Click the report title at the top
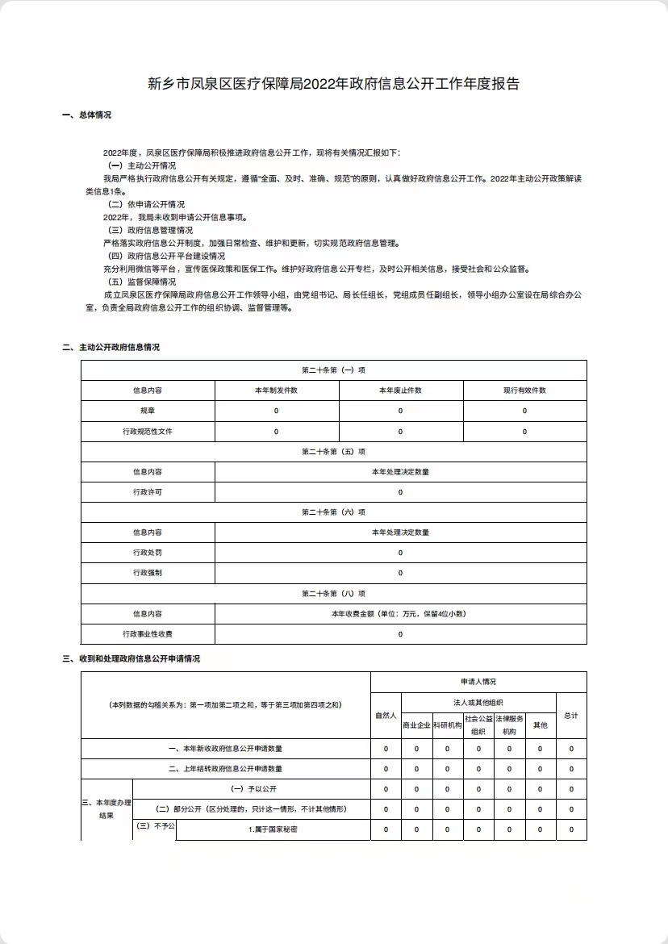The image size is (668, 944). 334,83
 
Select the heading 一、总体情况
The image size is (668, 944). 87,115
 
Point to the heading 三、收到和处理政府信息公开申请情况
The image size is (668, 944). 131,658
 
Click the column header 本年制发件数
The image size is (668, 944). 276,391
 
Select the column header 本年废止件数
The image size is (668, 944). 400,391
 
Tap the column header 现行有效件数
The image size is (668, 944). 524,391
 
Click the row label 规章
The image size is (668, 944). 148,411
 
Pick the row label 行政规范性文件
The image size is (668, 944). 148,432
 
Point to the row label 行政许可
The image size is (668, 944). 148,492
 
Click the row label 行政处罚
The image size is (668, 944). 148,553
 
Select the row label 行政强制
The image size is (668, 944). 148,573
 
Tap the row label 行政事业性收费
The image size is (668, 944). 148,634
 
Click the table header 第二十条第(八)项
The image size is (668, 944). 334,593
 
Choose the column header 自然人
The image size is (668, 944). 386,716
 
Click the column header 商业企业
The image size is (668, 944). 416,725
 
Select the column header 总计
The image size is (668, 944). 571,716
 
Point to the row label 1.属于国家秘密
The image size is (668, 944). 273,829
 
